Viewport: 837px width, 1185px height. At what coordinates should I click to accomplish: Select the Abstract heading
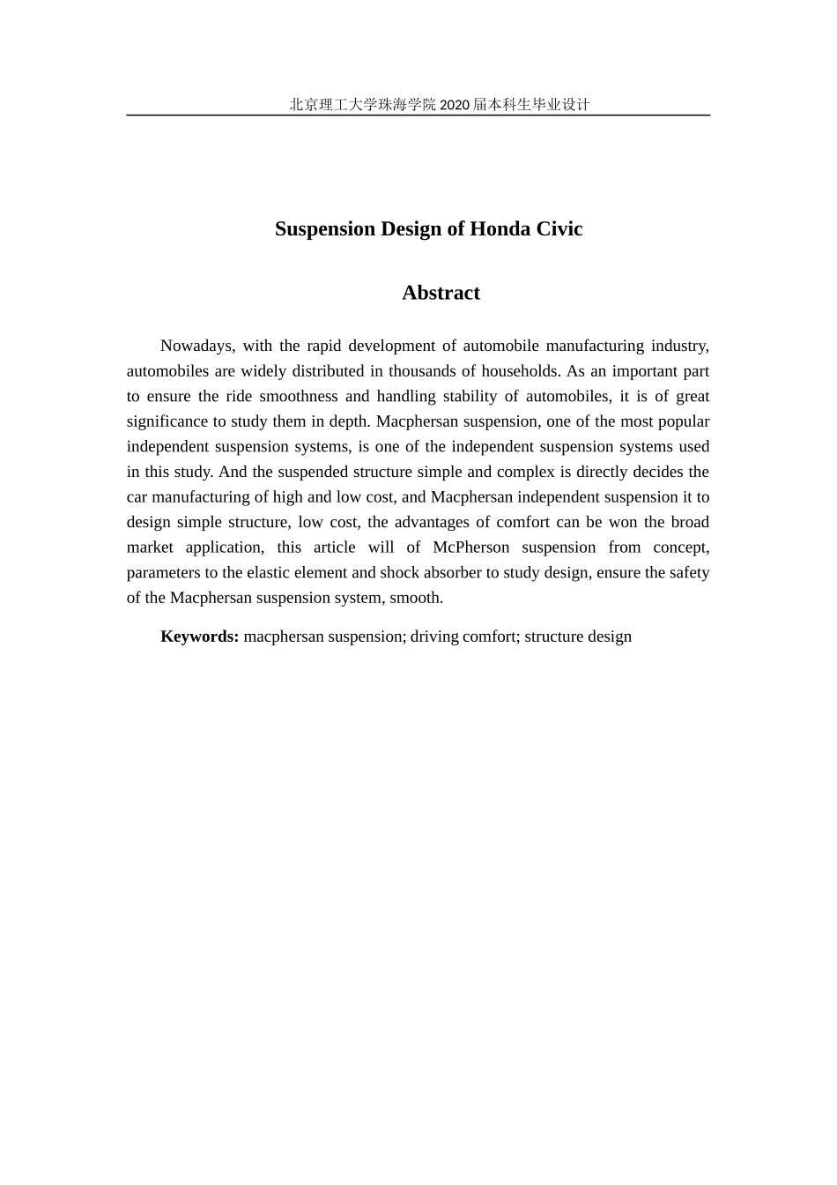tap(441, 293)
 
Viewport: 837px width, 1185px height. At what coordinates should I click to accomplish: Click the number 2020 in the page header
tap(455, 105)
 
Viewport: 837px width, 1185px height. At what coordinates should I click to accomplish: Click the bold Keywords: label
tap(200, 637)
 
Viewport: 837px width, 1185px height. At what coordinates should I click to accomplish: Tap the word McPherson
tap(470, 548)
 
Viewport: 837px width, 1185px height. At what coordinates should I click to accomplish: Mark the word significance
tap(167, 421)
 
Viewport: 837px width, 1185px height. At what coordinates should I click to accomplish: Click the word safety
tap(688, 573)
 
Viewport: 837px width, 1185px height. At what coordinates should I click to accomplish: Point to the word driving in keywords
tap(434, 637)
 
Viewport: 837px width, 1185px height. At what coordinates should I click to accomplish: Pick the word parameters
tap(164, 573)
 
